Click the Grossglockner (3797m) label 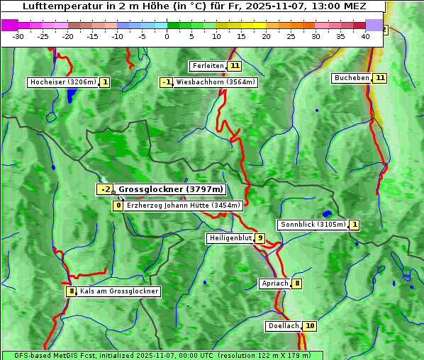[x=170, y=189]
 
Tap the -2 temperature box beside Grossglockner [x=105, y=189]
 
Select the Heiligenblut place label [x=230, y=238]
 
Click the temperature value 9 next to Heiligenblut [x=260, y=238]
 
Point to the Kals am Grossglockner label [x=119, y=291]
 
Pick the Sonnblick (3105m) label [x=313, y=225]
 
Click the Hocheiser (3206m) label [x=62, y=82]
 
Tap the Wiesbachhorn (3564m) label [x=215, y=82]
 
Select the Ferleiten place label [x=208, y=66]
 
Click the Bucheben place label [x=352, y=78]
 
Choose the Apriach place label [x=274, y=283]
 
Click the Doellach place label [x=284, y=326]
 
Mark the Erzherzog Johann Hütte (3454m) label [x=184, y=206]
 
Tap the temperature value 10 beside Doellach [x=310, y=326]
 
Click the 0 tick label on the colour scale [x=167, y=36]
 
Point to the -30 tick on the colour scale [x=18, y=36]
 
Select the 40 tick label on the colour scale [x=365, y=36]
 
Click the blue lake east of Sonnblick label [x=327, y=213]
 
